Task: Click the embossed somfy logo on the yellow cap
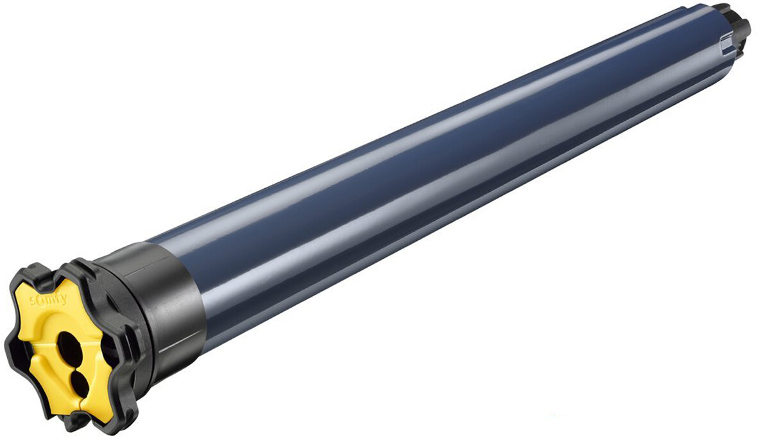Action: point(48,299)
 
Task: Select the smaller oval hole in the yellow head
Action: point(79,383)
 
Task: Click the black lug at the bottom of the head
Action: point(76,421)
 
